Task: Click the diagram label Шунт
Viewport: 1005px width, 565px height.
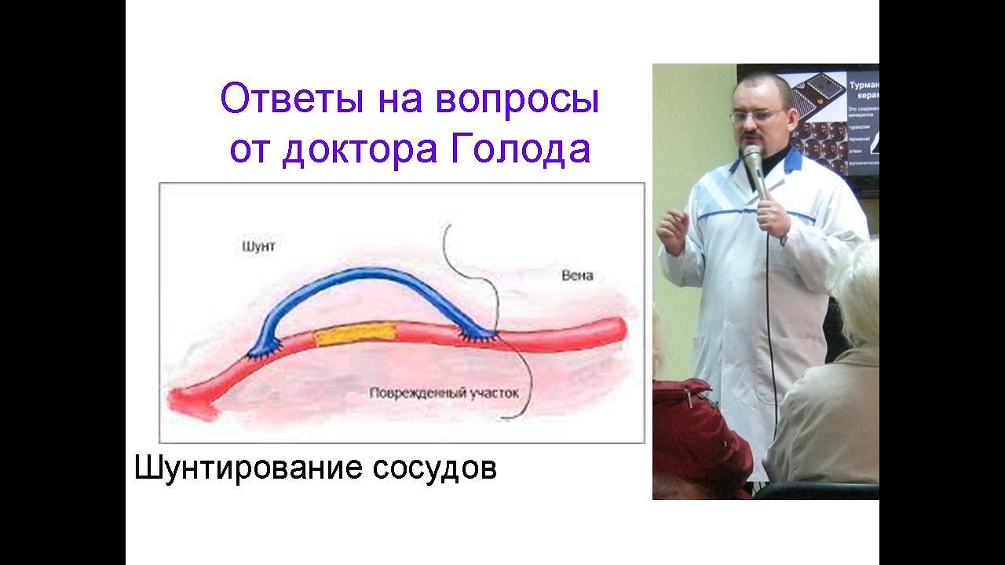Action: pos(259,246)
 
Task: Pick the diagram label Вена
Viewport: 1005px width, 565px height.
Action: pos(577,276)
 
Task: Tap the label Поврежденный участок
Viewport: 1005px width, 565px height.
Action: pos(444,392)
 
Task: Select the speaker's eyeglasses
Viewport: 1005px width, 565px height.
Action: pos(758,115)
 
